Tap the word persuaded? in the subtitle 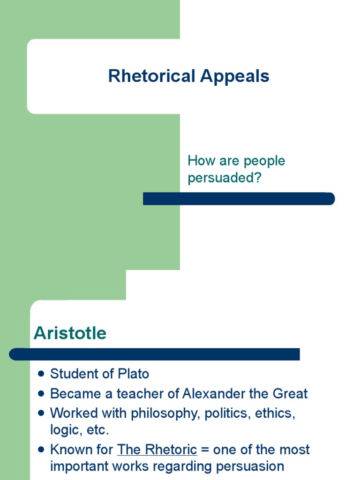(224, 179)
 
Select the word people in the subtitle (262, 161)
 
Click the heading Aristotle (70, 333)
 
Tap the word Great (289, 394)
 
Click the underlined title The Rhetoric (157, 450)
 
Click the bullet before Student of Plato (41, 374)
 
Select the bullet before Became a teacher (41, 394)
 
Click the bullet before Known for (41, 450)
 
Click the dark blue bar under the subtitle (239, 199)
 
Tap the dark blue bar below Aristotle (154, 354)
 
